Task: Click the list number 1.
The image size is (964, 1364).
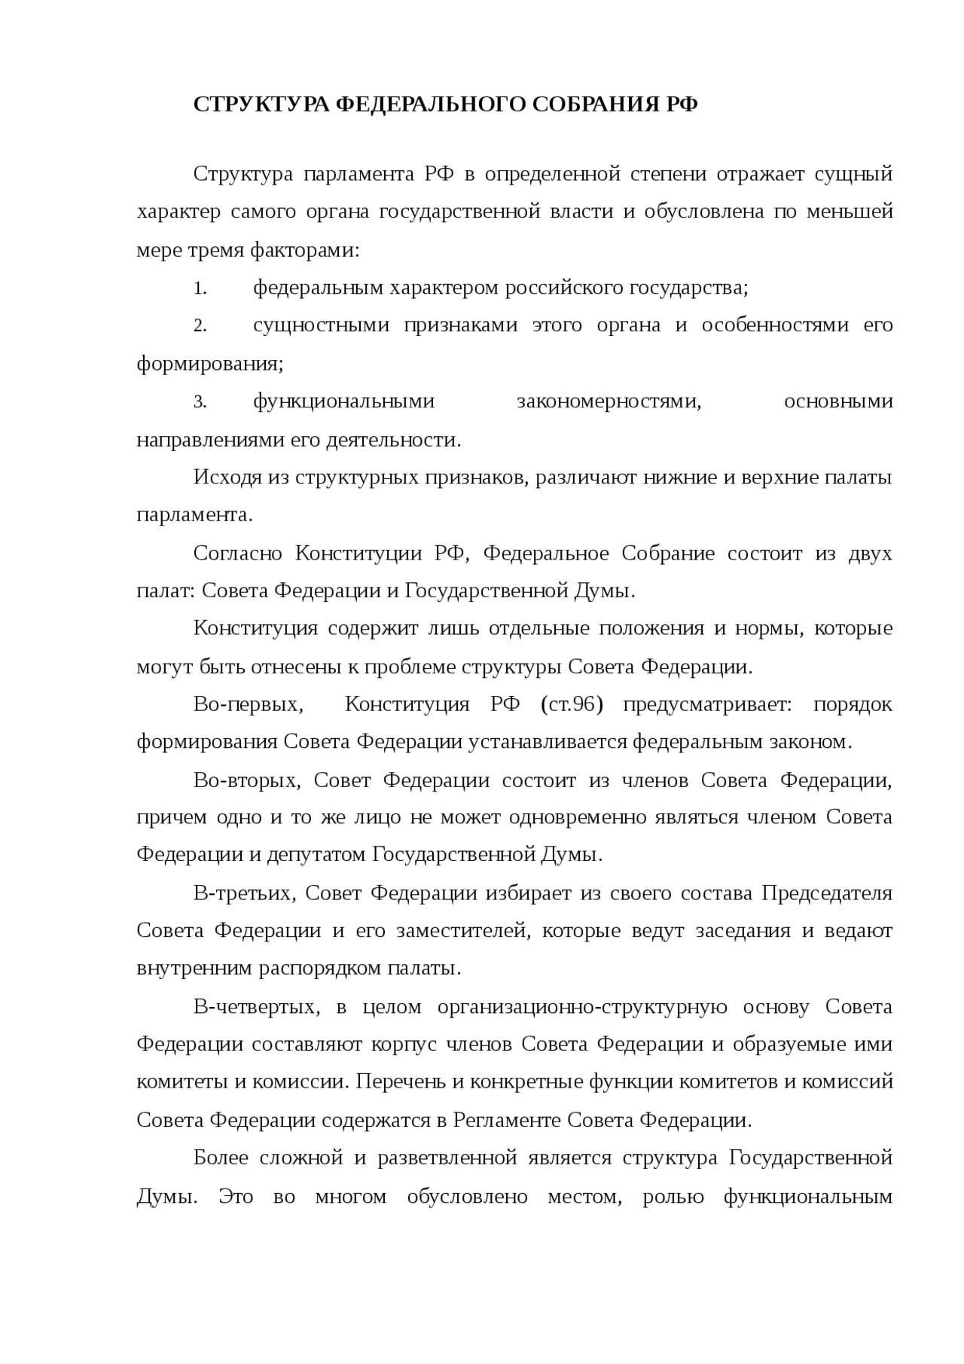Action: (199, 288)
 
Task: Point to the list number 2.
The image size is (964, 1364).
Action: (200, 326)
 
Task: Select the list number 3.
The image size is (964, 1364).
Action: (200, 402)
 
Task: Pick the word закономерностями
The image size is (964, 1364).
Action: (609, 401)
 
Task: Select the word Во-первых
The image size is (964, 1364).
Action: (248, 705)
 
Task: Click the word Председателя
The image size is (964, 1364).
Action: (827, 894)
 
